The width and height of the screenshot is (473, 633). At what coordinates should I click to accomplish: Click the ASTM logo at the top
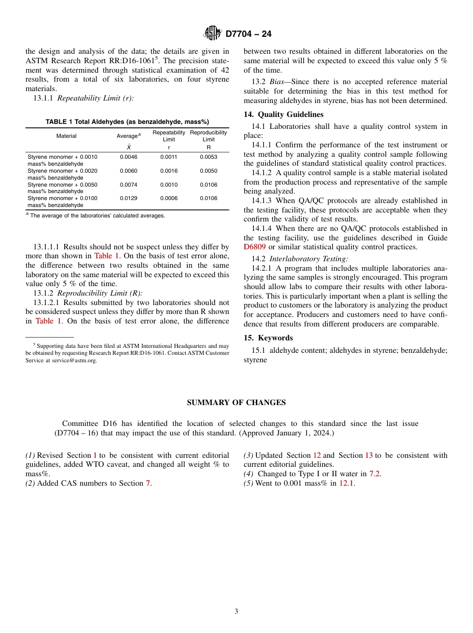pyautogui.click(x=213, y=34)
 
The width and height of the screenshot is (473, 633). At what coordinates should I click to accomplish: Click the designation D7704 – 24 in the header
pyautogui.click(x=248, y=34)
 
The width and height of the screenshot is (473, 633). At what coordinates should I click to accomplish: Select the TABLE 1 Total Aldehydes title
pyautogui.click(x=127, y=122)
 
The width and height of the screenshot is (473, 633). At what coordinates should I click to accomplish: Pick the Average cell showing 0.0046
pyautogui.click(x=128, y=157)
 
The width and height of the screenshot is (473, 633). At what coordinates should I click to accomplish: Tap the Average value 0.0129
pyautogui.click(x=128, y=199)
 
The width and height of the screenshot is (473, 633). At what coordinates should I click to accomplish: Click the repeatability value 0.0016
pyautogui.click(x=169, y=171)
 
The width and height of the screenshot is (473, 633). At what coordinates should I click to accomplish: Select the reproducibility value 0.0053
pyautogui.click(x=209, y=157)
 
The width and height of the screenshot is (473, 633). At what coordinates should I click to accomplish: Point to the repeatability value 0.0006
pyautogui.click(x=169, y=199)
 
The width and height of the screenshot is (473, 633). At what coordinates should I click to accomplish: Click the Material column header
pyautogui.click(x=66, y=136)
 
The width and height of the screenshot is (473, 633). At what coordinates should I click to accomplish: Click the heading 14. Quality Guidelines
pyautogui.click(x=283, y=114)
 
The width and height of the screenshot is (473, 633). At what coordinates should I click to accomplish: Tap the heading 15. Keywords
pyautogui.click(x=268, y=338)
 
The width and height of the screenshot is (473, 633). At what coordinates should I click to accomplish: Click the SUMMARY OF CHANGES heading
pyautogui.click(x=236, y=403)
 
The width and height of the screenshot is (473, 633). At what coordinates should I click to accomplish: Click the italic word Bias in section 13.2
pyautogui.click(x=278, y=82)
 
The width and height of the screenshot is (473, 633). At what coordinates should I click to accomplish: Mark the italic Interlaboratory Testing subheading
pyautogui.click(x=308, y=259)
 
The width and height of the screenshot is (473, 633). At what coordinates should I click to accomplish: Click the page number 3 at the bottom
pyautogui.click(x=236, y=612)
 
